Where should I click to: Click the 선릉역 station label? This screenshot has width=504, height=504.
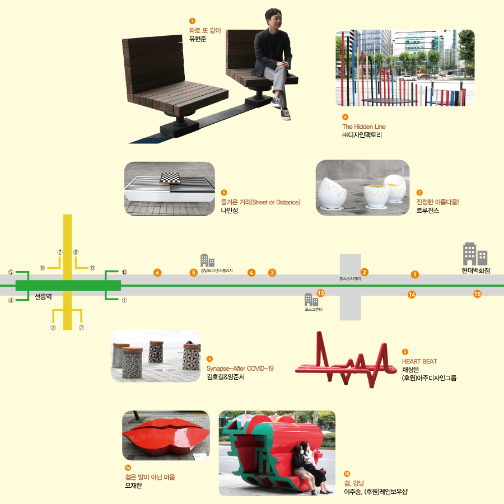click(x=43, y=297)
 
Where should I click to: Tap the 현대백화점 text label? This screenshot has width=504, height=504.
click(x=476, y=270)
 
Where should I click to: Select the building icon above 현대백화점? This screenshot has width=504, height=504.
click(x=475, y=254)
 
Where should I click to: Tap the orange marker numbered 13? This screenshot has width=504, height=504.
click(x=321, y=293)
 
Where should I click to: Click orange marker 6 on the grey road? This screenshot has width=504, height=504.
click(x=158, y=273)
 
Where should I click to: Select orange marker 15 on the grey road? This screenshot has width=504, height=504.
click(x=477, y=294)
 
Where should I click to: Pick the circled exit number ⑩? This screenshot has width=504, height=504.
click(x=124, y=272)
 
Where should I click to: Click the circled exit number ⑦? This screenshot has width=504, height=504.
click(x=59, y=253)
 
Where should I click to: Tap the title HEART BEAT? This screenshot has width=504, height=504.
click(x=419, y=362)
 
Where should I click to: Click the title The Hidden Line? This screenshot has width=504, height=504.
click(x=364, y=127)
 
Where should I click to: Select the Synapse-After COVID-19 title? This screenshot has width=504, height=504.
click(x=240, y=368)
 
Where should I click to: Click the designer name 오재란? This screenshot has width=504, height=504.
click(x=133, y=486)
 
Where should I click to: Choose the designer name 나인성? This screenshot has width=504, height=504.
click(x=230, y=210)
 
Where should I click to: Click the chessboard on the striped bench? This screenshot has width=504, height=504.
click(x=170, y=178)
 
